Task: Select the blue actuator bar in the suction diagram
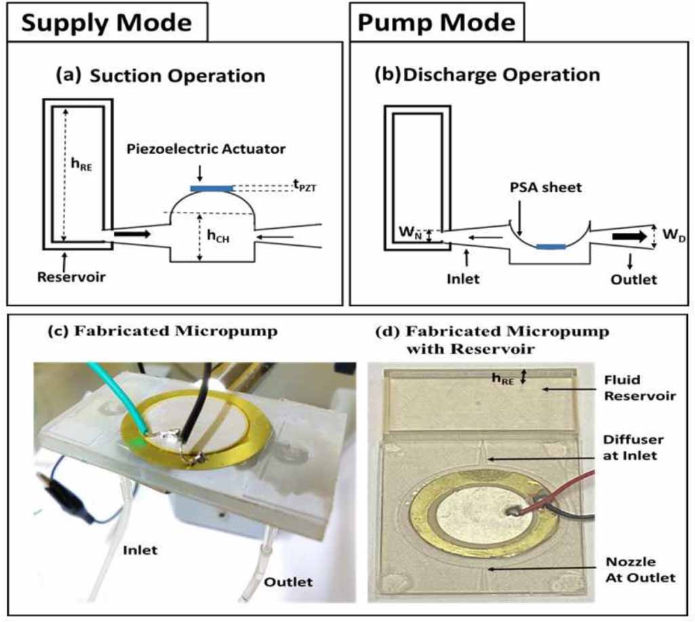click(212, 188)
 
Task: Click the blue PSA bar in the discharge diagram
click(550, 246)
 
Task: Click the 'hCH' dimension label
click(218, 236)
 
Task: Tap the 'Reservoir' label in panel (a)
click(64, 277)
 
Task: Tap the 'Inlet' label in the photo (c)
click(140, 549)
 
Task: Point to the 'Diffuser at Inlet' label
click(633, 447)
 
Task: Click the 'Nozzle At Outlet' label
click(641, 570)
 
